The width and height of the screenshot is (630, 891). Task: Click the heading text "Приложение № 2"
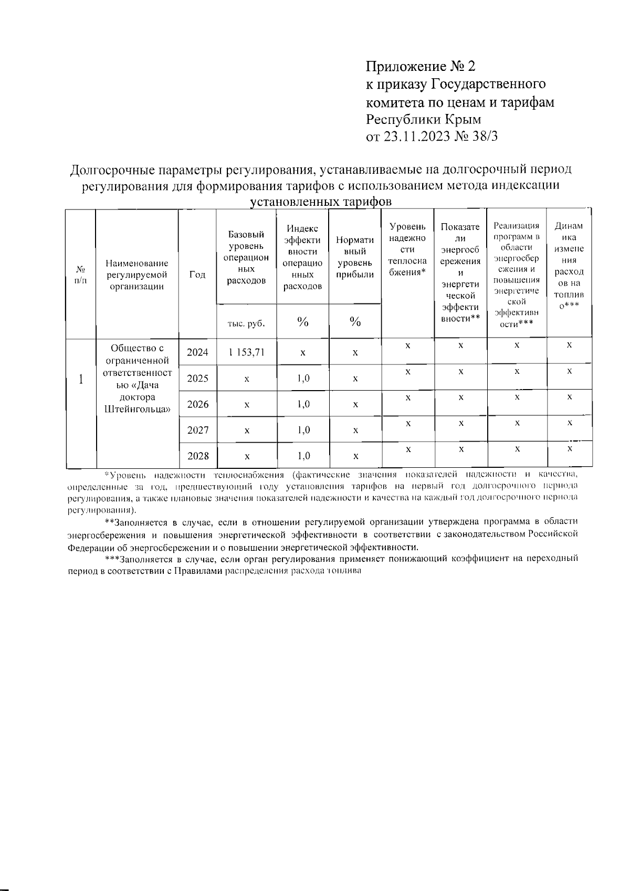coord(420,66)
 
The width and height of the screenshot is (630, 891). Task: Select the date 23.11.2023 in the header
coord(416,137)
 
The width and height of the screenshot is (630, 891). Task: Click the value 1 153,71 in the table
coord(246,352)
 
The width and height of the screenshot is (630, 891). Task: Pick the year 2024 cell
coord(197,352)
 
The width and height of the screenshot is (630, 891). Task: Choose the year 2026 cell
coord(197,404)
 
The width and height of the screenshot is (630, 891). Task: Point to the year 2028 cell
coord(197,456)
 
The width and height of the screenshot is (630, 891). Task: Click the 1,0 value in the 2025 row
coord(303,379)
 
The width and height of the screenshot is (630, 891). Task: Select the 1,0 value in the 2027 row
coord(303,430)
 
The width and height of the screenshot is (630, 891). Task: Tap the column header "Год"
coord(197,275)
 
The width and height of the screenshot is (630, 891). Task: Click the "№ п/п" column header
coord(81,275)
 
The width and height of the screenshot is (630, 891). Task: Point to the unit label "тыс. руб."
coord(246,323)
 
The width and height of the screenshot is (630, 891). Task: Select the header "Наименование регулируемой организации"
coord(136,275)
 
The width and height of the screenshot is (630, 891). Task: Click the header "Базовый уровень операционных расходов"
coord(246,257)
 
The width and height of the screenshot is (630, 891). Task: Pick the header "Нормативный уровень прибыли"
coord(355,257)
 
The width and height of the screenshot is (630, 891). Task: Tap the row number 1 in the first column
coord(81,379)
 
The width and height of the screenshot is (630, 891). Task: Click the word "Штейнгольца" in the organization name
coord(137,409)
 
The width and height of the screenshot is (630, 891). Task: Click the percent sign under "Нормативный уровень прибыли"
coord(355,322)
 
